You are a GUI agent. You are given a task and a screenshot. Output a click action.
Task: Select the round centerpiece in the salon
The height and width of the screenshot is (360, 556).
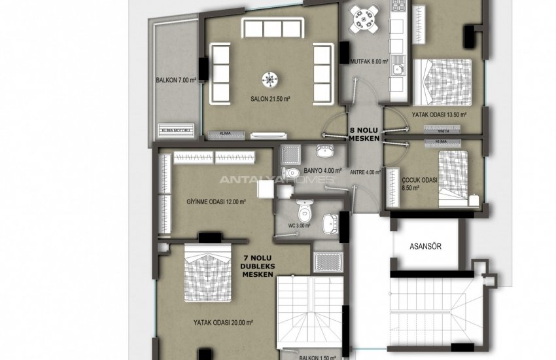pyautogui.click(x=269, y=78)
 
